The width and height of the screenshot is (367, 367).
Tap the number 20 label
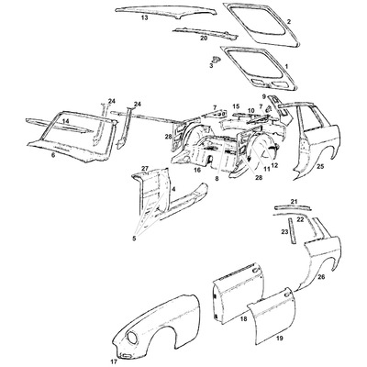[x=204, y=39]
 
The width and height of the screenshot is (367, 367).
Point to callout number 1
[x=287, y=67]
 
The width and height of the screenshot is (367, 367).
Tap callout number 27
[x=144, y=168]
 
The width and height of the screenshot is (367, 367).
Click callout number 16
[x=198, y=171]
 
